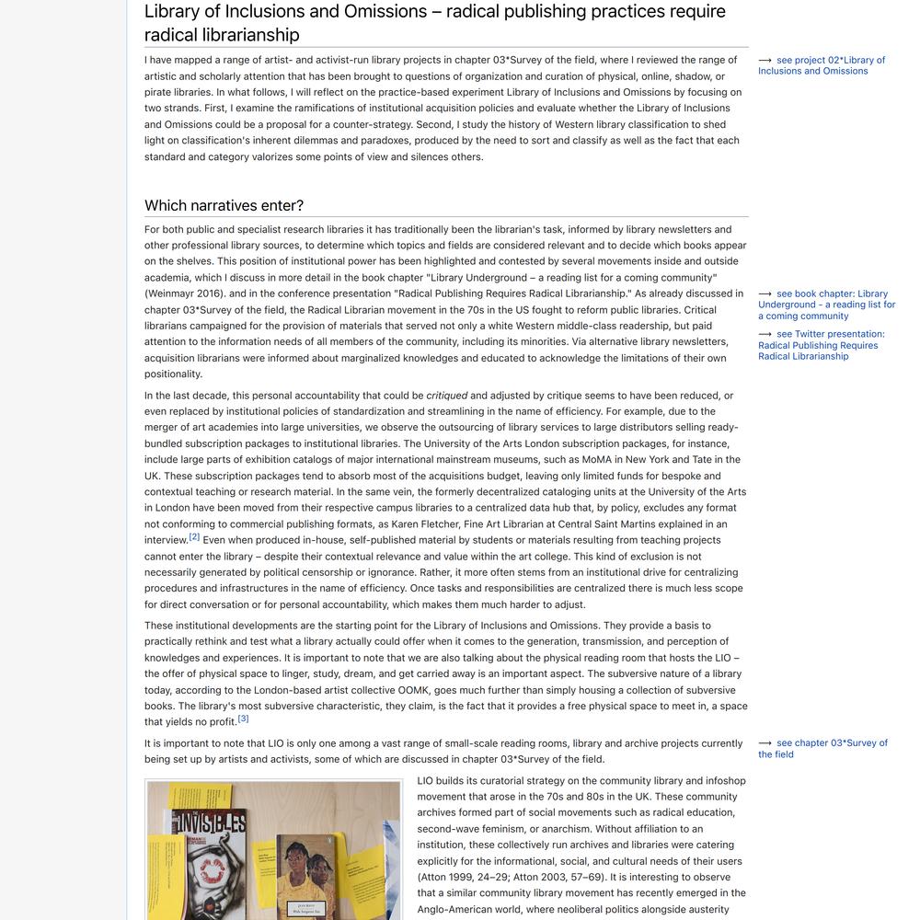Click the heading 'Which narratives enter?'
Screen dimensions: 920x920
[x=224, y=205]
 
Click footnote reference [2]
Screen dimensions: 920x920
[x=194, y=536]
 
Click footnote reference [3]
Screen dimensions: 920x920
[x=243, y=719]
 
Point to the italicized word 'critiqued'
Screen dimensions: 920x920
[x=447, y=396]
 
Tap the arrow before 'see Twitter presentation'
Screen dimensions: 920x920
[x=765, y=335]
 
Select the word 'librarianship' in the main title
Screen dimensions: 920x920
[x=249, y=35]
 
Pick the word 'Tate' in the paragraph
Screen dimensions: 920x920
[x=694, y=460]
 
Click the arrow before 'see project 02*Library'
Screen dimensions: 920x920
[x=765, y=61]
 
